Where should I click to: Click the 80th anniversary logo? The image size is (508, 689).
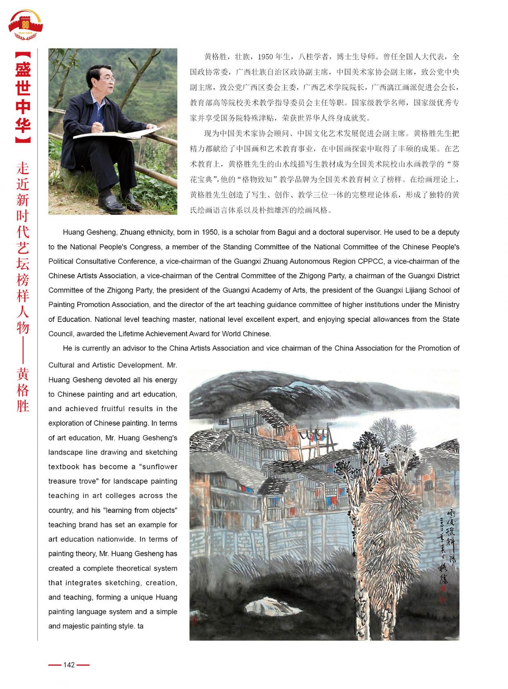25,25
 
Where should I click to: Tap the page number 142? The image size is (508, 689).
69,665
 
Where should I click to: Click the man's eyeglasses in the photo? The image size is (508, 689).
106,80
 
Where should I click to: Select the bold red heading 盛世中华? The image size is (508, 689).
23,97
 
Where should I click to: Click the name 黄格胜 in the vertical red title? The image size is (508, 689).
23,390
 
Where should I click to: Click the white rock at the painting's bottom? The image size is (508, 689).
268,607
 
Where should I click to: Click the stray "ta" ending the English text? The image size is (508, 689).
140,626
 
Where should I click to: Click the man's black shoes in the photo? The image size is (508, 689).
117,203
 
